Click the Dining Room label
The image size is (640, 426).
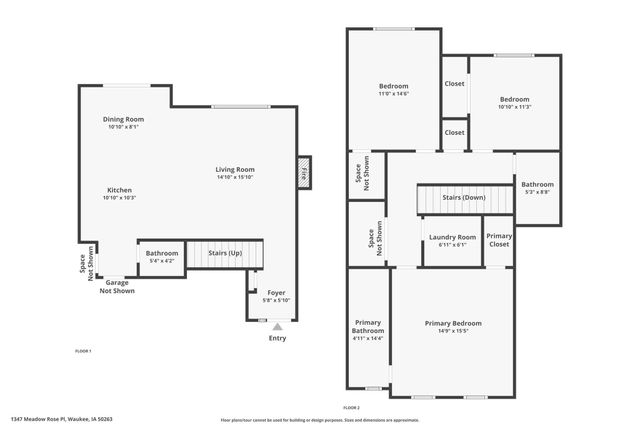pos(125,119)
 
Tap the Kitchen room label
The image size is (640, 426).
pos(119,190)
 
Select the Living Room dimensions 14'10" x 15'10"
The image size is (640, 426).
pos(235,177)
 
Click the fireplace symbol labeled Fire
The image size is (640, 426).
pos(304,172)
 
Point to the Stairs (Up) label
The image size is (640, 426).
pos(224,254)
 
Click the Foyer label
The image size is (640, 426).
pos(276,292)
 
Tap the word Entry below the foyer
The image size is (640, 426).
pos(277,338)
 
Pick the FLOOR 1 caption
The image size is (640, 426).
pos(83,351)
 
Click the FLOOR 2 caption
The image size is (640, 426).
pos(351,408)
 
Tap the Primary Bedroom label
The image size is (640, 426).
pos(453,323)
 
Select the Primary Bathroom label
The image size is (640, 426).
pos(368,326)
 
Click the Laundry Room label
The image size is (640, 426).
pos(452,237)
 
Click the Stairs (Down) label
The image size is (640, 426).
pos(464,198)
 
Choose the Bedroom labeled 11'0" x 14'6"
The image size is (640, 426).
pos(393,85)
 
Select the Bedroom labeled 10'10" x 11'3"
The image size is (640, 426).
pos(514,100)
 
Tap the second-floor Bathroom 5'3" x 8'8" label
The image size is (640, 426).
pos(536,184)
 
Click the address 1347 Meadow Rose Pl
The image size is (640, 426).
pos(62,419)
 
